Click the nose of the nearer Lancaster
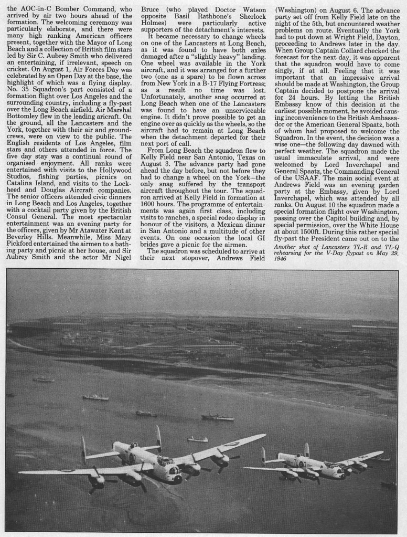click(x=178, y=479)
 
